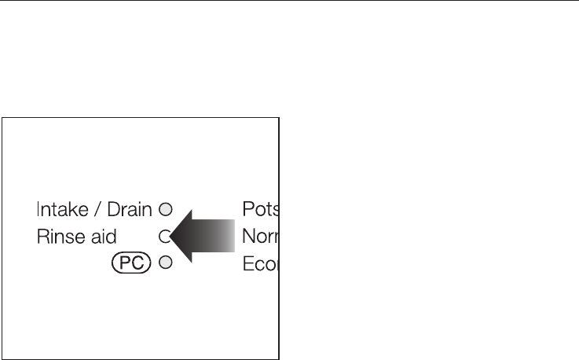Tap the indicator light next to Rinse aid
(164, 236)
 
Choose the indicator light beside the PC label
(165, 263)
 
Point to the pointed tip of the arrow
(171, 236)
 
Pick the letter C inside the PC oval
(137, 263)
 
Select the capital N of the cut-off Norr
(248, 236)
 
